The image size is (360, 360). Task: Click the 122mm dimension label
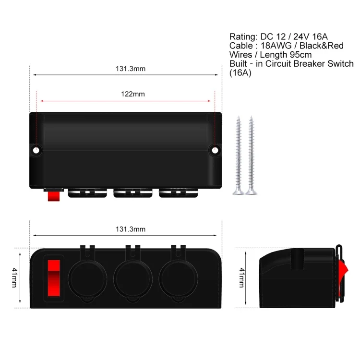tap(132, 94)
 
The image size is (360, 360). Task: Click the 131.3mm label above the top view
tap(130, 69)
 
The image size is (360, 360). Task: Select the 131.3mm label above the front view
tap(130, 229)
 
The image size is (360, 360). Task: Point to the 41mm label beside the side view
tap(242, 278)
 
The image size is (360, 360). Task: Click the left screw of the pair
tap(238, 155)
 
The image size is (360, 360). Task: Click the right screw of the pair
tap(250, 155)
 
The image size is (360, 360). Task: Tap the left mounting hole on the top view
tap(36, 150)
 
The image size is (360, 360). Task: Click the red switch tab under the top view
tap(53, 194)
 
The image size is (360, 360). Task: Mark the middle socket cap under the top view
tap(131, 194)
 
